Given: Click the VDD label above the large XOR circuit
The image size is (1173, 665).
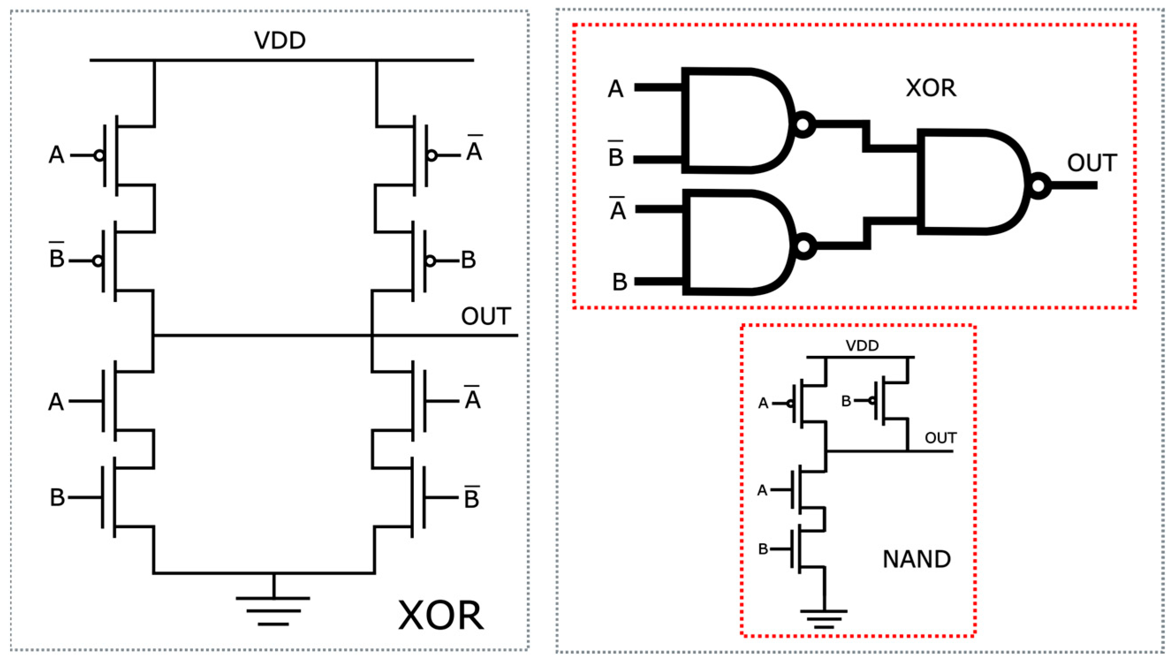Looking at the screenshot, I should pyautogui.click(x=280, y=41).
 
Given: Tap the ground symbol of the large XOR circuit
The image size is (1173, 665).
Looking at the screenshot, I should pyautogui.click(x=273, y=610).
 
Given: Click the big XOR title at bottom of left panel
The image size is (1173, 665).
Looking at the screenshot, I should pyautogui.click(x=440, y=616).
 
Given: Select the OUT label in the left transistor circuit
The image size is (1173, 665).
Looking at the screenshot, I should pyautogui.click(x=485, y=317).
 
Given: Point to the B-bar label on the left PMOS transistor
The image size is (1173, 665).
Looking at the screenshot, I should pyautogui.click(x=56, y=257).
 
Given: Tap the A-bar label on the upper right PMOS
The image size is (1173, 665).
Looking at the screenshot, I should pyautogui.click(x=474, y=149).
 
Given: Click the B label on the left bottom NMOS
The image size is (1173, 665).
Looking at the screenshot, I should pyautogui.click(x=57, y=497).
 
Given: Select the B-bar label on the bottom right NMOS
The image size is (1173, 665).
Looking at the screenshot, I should pyautogui.click(x=471, y=497).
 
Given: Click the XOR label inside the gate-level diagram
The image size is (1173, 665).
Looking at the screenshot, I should pyautogui.click(x=931, y=88).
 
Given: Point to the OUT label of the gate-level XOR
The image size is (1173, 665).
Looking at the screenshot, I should pyautogui.click(x=1092, y=163).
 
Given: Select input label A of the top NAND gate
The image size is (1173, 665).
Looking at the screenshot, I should pyautogui.click(x=615, y=89).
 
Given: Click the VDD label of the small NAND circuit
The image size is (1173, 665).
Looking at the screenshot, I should pyautogui.click(x=862, y=346).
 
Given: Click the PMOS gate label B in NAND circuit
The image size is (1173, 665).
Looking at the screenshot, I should pyautogui.click(x=846, y=401).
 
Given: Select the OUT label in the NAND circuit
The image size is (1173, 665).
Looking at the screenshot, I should pyautogui.click(x=941, y=438).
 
